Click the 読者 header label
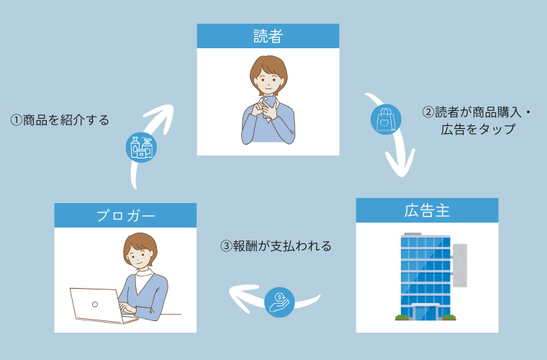268,36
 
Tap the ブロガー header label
125,215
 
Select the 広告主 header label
427,210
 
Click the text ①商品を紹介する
60,120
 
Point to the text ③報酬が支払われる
276,246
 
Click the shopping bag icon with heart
386,120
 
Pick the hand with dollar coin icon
279,301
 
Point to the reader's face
268,76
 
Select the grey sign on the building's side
459,263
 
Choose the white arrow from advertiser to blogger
248,295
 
